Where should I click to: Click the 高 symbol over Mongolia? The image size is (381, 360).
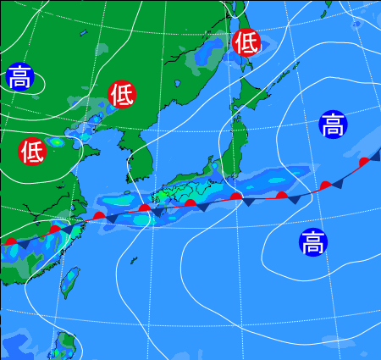click(x=19, y=77)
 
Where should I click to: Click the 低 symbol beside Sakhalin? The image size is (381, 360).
click(x=246, y=42)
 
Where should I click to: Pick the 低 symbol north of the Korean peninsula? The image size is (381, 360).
click(x=122, y=93)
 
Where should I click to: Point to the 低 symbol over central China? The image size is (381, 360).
click(x=32, y=152)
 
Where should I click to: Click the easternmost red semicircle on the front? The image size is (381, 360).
click(x=364, y=162)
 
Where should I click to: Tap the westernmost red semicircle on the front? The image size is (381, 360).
click(x=11, y=241)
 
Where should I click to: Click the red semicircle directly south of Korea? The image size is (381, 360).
click(x=145, y=206)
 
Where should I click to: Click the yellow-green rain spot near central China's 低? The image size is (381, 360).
click(x=58, y=141)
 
